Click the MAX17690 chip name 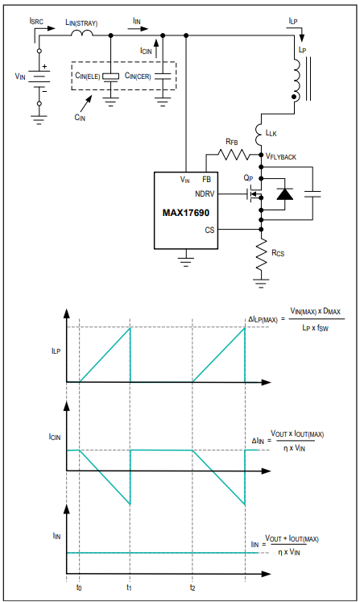(x=186, y=213)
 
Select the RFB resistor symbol (x=234, y=155)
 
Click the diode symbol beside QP (x=285, y=194)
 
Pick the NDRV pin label (x=205, y=194)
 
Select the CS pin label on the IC (x=209, y=230)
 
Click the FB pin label (x=206, y=179)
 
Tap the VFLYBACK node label (x=281, y=156)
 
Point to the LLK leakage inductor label (x=271, y=133)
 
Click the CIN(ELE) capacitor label (x=88, y=76)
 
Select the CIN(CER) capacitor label (x=138, y=76)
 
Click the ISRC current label (x=36, y=21)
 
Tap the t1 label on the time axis (x=130, y=587)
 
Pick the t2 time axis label (x=192, y=587)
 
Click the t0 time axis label (x=79, y=587)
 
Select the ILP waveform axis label (x=56, y=351)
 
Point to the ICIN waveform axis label (x=55, y=437)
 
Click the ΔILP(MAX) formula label (x=263, y=319)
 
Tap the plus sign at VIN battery (x=44, y=66)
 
